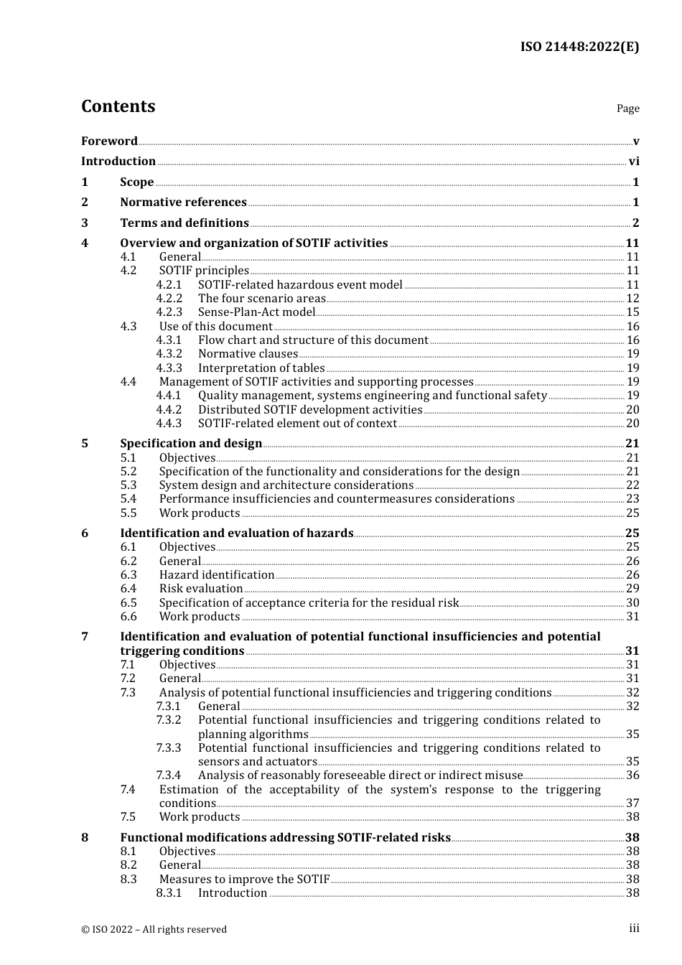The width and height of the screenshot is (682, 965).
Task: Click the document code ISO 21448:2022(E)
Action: [579, 47]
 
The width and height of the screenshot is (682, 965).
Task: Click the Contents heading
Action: [118, 106]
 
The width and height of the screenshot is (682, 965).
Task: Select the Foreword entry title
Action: [109, 141]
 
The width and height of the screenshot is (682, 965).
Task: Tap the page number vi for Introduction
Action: [634, 162]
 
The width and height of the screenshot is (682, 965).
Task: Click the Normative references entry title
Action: [183, 202]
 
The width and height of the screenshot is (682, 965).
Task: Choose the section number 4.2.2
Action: [169, 299]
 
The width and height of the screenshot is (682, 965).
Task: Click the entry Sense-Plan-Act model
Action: [256, 312]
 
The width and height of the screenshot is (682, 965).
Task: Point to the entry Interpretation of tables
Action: [261, 368]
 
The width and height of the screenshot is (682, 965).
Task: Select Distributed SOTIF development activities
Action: [310, 410]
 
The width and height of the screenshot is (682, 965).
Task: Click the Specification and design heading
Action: [191, 444]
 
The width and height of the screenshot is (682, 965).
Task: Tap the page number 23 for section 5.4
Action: [632, 499]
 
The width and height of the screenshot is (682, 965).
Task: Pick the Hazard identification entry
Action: [217, 575]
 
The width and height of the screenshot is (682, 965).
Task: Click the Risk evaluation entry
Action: [201, 589]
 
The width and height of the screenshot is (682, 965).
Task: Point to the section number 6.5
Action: [129, 603]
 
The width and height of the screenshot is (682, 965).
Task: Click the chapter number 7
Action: [85, 637]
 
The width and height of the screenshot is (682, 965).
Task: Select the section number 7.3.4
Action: [169, 775]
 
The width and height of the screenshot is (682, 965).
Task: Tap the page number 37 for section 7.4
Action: [632, 803]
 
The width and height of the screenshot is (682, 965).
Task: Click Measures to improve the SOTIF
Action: [244, 880]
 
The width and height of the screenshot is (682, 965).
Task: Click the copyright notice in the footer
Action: [154, 929]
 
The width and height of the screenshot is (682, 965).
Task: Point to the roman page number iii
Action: [634, 928]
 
